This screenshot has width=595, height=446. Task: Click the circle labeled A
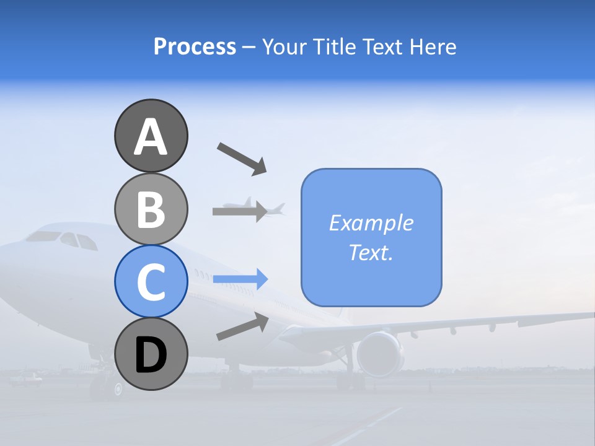(151, 136)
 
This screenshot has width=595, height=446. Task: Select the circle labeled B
(151, 209)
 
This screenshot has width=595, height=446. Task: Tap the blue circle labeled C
(151, 281)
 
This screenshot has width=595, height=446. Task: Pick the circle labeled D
(151, 354)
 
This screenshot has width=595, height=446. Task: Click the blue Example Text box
(371, 237)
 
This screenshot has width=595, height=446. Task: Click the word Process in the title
(195, 46)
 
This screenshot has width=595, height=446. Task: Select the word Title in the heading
(330, 46)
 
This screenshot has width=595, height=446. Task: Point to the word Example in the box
(371, 223)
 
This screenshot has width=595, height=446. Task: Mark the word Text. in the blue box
(371, 252)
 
